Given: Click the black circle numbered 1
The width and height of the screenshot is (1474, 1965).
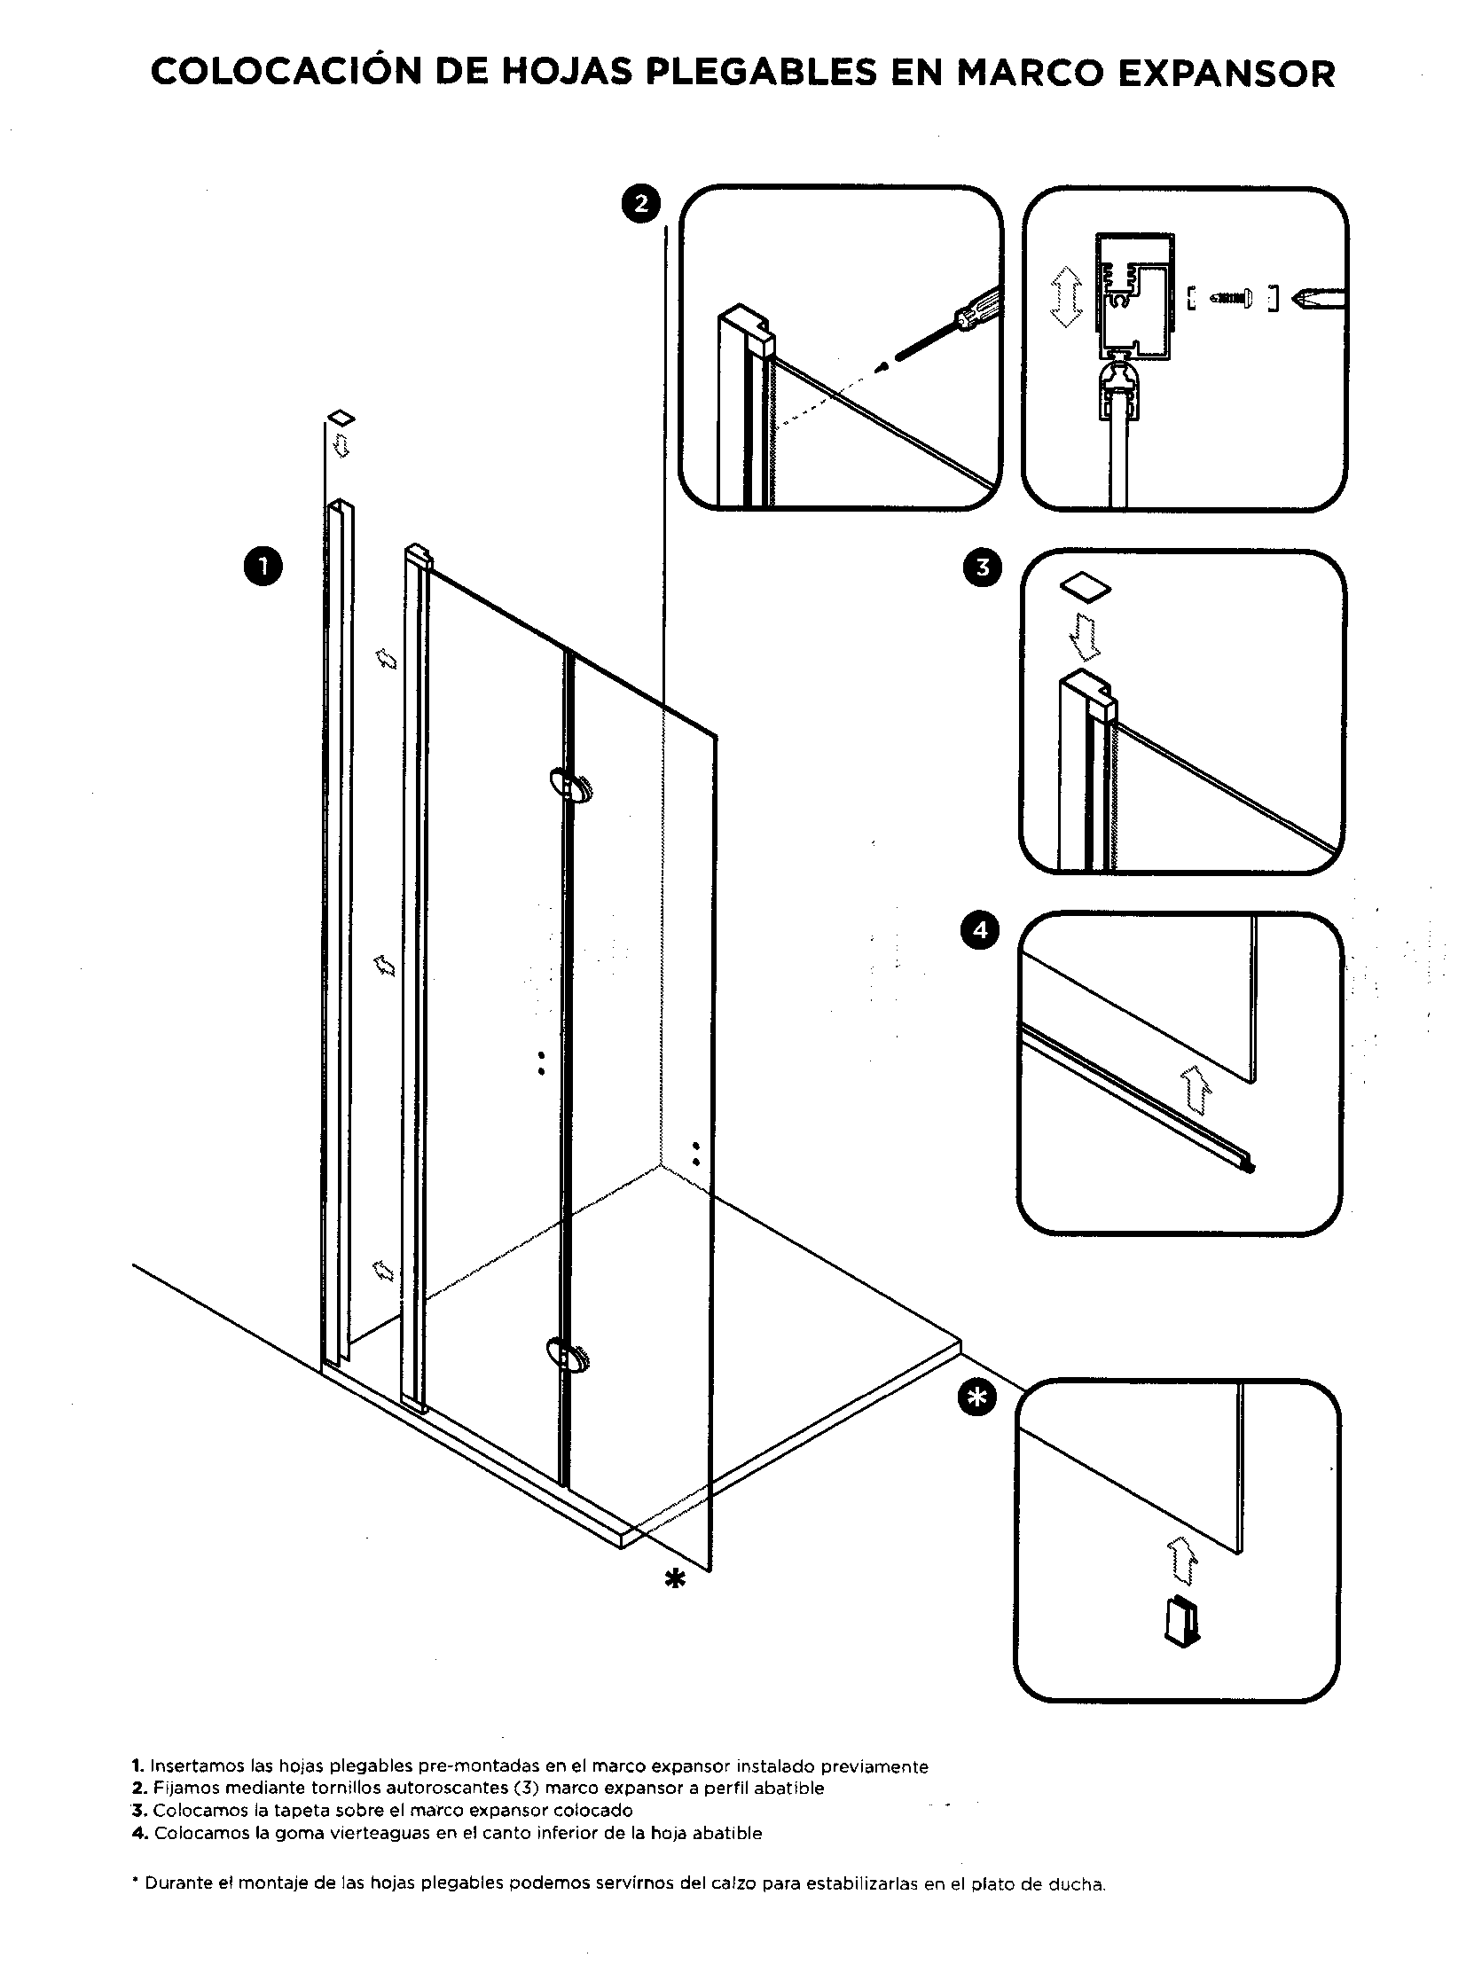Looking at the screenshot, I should coord(263,567).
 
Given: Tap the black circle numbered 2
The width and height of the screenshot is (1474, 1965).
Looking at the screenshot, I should coord(640,204).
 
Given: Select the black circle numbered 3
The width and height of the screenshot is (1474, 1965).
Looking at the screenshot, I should coord(983,567).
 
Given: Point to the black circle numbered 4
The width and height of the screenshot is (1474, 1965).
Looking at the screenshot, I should coord(980,930).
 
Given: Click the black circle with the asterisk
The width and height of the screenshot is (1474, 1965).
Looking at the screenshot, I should coord(976,1397).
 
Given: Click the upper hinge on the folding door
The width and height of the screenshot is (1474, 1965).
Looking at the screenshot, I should coord(570,787).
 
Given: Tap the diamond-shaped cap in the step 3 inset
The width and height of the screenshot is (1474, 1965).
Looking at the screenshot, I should coord(1085,586).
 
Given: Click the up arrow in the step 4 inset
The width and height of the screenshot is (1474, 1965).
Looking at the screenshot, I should coord(1196,1090).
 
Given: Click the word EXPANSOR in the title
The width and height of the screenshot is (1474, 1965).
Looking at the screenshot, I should coord(1226,73).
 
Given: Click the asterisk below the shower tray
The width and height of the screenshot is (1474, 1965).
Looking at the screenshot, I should coord(675,1578).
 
